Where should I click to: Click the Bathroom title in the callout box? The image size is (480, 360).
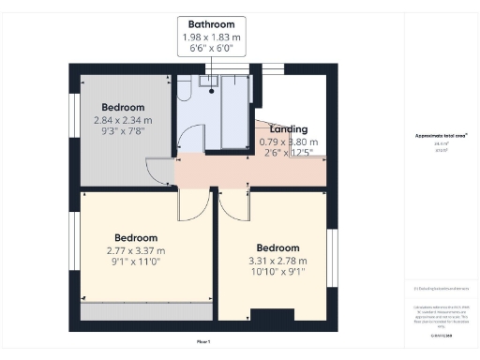click(211, 24)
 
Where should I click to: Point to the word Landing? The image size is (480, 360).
click(288, 129)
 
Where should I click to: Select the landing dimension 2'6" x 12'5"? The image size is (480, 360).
click(288, 153)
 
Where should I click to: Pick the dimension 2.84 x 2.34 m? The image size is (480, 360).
click(122, 120)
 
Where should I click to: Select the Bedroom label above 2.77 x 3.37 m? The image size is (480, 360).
click(136, 238)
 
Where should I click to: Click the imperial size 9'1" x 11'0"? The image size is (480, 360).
click(136, 262)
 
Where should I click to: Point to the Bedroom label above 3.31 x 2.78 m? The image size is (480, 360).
click(277, 249)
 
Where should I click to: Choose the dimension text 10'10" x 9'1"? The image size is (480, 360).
click(277, 273)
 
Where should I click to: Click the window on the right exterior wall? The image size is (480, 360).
click(330, 255)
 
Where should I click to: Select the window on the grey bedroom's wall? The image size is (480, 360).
click(73, 111)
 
